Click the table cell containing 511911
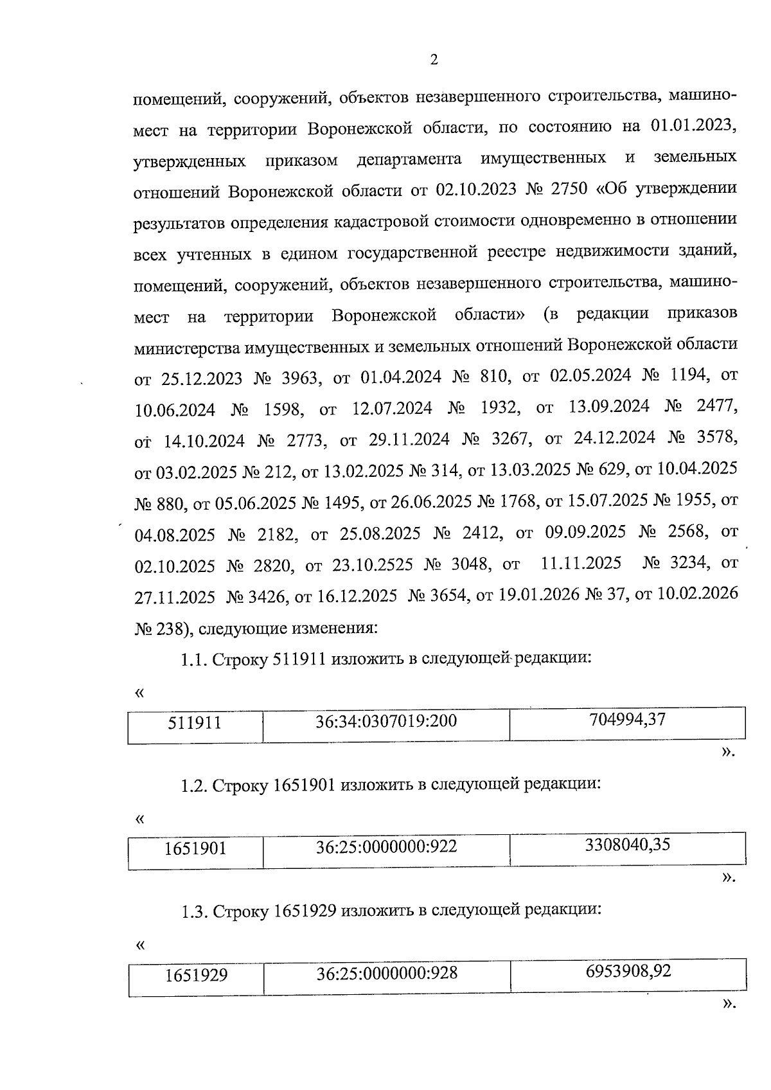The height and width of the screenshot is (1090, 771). [195, 724]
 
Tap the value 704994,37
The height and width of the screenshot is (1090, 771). [627, 720]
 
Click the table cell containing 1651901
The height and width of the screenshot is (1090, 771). [195, 849]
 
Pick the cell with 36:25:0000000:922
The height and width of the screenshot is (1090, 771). [386, 847]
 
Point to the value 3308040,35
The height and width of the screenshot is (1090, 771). [627, 845]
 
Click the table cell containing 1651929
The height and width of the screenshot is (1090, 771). [196, 976]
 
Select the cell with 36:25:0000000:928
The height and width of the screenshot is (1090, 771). [387, 974]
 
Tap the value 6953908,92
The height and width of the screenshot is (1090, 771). [628, 971]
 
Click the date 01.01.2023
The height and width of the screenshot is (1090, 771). [693, 126]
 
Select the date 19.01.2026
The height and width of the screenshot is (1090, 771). [539, 595]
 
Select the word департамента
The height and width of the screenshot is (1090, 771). [409, 159]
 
